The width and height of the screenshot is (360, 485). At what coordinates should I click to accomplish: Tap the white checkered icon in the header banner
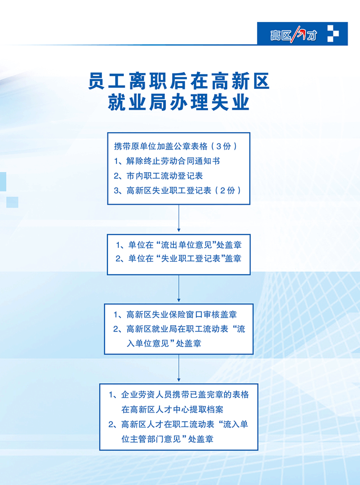coord(333,33)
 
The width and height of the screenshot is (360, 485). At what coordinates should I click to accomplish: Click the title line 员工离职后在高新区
coord(179,82)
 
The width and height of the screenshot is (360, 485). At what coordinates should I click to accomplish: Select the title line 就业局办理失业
coord(179,102)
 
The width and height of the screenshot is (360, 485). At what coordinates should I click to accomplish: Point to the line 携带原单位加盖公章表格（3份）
coord(175,146)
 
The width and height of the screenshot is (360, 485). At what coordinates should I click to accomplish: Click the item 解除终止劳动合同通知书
coord(166,161)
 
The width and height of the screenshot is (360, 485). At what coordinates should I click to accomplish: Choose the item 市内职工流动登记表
coord(158,176)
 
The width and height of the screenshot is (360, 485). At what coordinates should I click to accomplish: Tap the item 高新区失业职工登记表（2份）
coord(177,190)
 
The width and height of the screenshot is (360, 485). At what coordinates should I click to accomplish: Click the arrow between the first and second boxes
coord(178,218)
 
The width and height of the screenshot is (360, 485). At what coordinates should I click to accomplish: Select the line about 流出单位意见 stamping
coord(178,245)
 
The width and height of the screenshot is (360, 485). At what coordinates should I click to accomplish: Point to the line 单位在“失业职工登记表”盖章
coord(178,259)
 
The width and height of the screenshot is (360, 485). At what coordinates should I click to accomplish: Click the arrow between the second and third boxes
coord(178,288)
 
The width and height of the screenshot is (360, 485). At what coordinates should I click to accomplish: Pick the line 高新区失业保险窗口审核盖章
coord(175,315)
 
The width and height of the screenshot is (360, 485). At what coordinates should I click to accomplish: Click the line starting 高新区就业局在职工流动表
coord(179,329)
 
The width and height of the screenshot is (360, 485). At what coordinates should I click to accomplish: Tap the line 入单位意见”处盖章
coord(164,343)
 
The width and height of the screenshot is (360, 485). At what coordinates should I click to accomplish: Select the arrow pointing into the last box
coord(178,368)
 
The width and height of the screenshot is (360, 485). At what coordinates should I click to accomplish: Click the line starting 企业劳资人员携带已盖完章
coord(179,394)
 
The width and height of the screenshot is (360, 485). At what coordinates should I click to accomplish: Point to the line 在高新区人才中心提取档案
coord(172,410)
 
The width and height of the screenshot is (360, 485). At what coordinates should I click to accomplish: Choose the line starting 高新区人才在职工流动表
coord(178,424)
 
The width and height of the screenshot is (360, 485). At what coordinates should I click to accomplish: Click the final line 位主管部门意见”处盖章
coord(167,439)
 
